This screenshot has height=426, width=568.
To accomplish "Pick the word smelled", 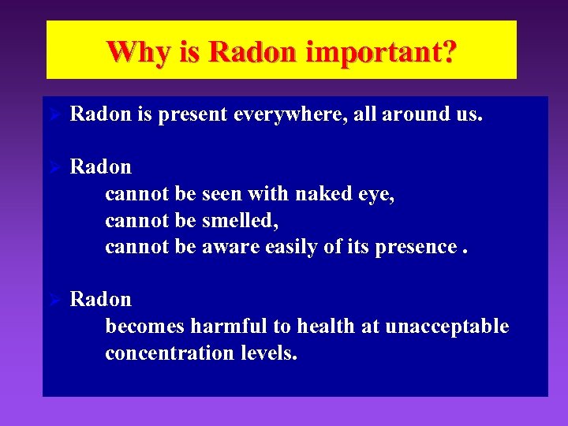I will (240, 221).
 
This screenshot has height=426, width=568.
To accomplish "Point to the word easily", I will (294, 248).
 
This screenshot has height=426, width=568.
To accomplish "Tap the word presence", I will (416, 248).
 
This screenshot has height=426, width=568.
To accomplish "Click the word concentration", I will (167, 353).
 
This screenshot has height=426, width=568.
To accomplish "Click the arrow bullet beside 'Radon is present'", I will (55, 115).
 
